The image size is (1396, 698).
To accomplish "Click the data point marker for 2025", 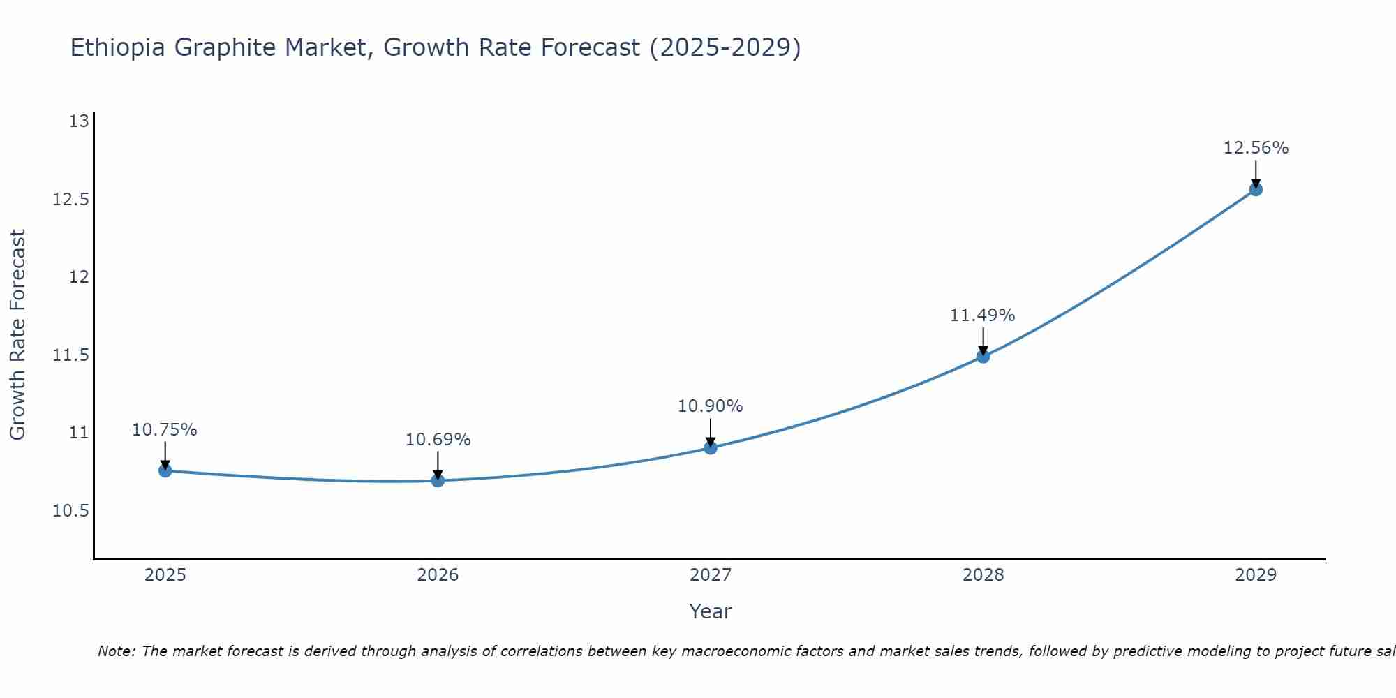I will (x=165, y=470).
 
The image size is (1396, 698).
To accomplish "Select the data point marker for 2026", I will (x=438, y=480).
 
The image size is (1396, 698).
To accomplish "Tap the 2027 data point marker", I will (x=711, y=447).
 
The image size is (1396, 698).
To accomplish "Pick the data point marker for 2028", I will (x=983, y=356).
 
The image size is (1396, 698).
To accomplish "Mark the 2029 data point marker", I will (x=1256, y=189).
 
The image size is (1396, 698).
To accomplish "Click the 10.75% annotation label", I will (x=165, y=430).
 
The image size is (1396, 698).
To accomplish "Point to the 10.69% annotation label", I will (x=438, y=440).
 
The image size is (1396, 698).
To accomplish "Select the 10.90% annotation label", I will (x=711, y=406).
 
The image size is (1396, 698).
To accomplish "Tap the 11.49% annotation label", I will (x=983, y=315).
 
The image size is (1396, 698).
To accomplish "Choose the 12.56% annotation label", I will (x=1256, y=148).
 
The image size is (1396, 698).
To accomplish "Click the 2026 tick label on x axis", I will (x=438, y=575).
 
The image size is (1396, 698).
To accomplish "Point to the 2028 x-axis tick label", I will (x=983, y=575).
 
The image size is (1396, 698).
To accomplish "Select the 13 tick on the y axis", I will (x=80, y=121).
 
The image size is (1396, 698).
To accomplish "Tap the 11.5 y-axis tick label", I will (x=71, y=355).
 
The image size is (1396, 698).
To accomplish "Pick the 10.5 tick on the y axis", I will (x=71, y=511).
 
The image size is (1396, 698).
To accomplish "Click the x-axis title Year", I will (x=710, y=611).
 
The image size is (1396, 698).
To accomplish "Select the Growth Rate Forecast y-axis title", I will (x=17, y=335).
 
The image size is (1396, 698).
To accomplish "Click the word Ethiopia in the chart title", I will (x=118, y=47).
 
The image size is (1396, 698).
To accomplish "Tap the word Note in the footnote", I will (x=116, y=651).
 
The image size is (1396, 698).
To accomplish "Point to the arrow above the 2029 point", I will (x=1256, y=173).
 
